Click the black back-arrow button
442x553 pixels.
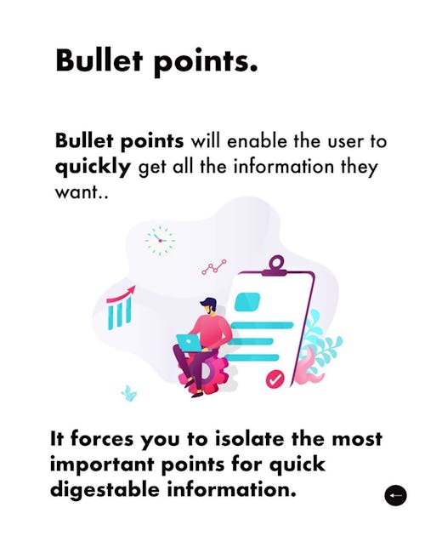pyautogui.click(x=395, y=495)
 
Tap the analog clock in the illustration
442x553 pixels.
pyautogui.click(x=160, y=241)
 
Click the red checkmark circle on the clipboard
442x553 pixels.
pyautogui.click(x=275, y=379)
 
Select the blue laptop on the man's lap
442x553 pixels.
pyautogui.click(x=191, y=343)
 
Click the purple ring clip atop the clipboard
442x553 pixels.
pyautogui.click(x=277, y=263)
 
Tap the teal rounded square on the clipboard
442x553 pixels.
pyautogui.click(x=247, y=302)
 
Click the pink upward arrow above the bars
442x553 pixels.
pyautogui.click(x=122, y=294)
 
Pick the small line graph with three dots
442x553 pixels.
pyautogui.click(x=214, y=267)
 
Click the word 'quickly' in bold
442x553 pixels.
pyautogui.click(x=93, y=167)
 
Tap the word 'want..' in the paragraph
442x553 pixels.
pyautogui.click(x=81, y=192)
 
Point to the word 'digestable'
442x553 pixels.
pyautogui.click(x=105, y=490)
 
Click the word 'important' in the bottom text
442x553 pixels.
pyautogui.click(x=102, y=465)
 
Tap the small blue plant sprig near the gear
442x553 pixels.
pyautogui.click(x=129, y=393)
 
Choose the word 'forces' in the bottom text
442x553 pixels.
pyautogui.click(x=102, y=439)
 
